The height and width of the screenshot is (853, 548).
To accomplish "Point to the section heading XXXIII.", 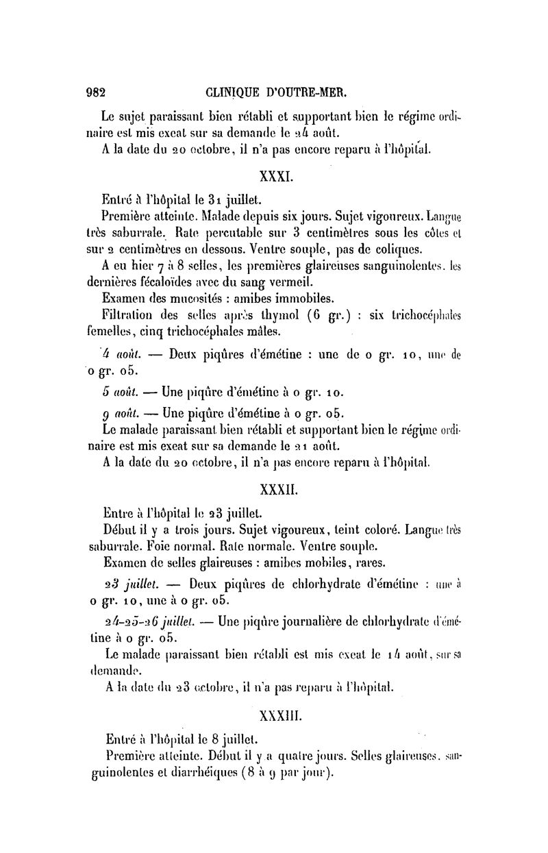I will tap(277, 715).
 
